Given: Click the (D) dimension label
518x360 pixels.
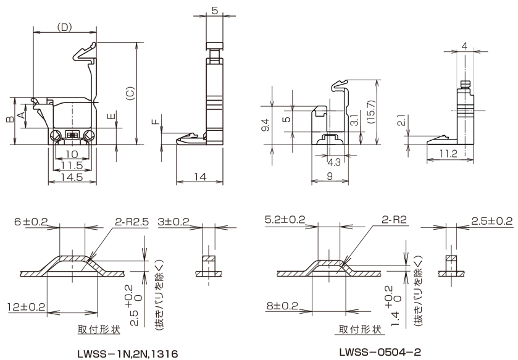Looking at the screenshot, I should coord(64,27).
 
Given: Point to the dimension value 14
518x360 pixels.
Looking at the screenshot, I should coord(199,177).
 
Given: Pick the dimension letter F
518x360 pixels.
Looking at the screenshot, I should coord(154,122).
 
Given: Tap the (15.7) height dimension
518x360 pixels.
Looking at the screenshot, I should coord(369,112).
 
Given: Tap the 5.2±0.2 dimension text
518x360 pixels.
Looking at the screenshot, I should coord(285,220).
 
